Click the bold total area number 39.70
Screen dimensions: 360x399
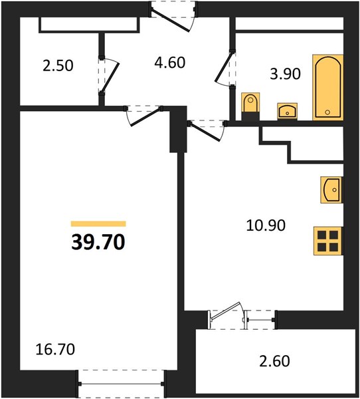98,242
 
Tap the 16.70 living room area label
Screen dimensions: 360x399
55,349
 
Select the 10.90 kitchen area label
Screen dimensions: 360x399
266,225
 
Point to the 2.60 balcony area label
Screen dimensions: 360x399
274,361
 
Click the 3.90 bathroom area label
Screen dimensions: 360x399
285,74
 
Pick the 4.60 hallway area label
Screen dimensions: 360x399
170,63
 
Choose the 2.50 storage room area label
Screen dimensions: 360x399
58,65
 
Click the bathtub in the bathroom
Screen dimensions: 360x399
328,87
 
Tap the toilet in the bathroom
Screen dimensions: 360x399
250,106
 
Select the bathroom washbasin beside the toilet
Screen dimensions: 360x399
288,111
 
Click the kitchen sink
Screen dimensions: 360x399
332,190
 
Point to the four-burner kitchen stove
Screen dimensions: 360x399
328,241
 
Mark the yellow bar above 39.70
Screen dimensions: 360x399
98,223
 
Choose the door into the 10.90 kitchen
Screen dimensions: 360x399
205,132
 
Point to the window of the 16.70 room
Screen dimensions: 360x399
121,384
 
